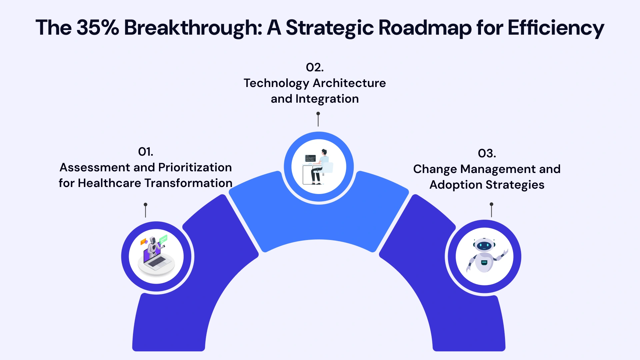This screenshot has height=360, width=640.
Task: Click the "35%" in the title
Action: (97, 27)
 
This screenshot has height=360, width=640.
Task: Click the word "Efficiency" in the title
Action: (555, 28)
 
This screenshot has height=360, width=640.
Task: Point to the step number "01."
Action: (146, 152)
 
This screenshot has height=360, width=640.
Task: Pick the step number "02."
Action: (315, 68)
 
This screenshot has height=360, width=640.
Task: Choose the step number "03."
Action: (487, 154)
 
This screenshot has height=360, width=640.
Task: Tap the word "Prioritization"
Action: (195, 168)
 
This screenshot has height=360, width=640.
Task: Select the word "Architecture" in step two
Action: (349, 83)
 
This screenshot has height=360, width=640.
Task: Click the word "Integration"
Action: (327, 99)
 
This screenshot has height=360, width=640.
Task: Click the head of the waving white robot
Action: (484, 245)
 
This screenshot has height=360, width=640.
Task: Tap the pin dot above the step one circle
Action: (145, 204)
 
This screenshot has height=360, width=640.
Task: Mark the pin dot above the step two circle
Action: (318, 114)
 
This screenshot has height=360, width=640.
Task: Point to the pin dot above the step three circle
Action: (491, 204)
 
